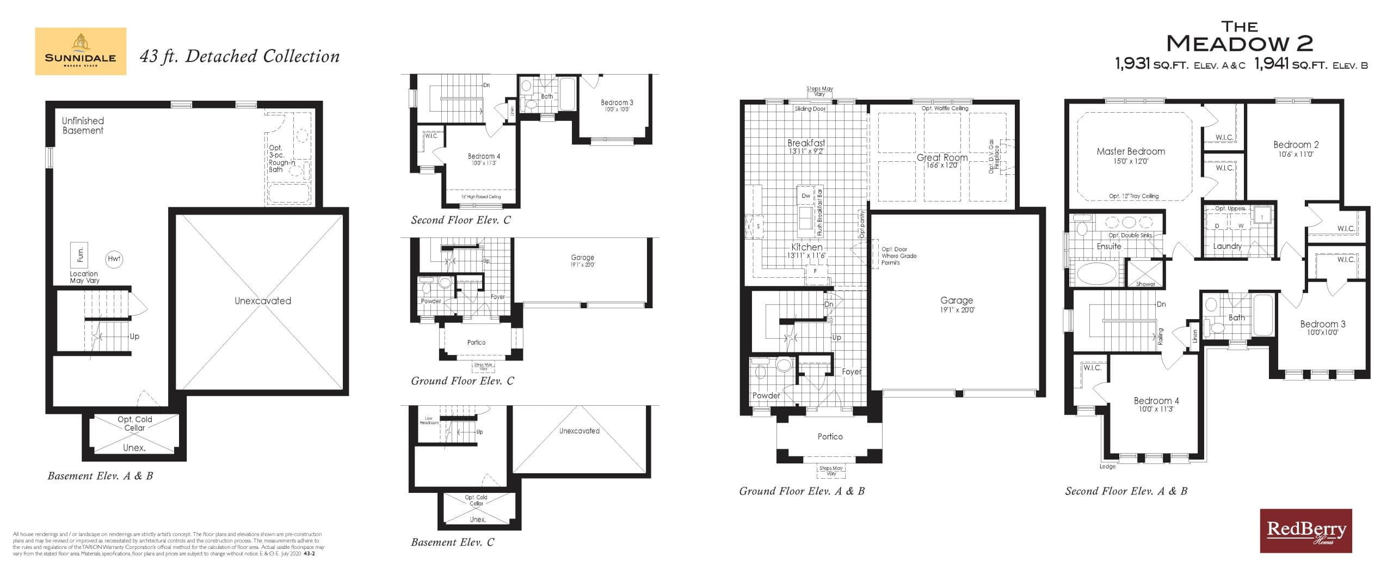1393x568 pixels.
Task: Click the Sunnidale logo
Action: click(x=81, y=51)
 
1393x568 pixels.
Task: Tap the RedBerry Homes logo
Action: click(x=1305, y=530)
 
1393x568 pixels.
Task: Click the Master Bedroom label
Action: click(x=1130, y=151)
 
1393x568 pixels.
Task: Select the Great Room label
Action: click(x=942, y=157)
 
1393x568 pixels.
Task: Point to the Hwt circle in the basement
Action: click(x=114, y=259)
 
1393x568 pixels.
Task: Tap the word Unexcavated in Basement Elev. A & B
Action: click(x=263, y=301)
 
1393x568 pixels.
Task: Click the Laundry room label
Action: click(x=1227, y=246)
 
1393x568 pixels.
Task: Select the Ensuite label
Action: click(x=1108, y=246)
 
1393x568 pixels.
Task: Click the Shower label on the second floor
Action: click(x=1145, y=284)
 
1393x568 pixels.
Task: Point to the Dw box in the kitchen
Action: click(x=806, y=196)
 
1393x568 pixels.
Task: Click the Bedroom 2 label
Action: click(x=1296, y=145)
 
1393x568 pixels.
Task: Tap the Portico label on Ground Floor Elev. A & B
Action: click(x=830, y=436)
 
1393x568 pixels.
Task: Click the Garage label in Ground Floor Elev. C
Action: click(x=582, y=258)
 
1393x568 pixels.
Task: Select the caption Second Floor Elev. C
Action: click(x=460, y=220)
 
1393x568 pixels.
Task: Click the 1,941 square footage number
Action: click(x=1272, y=64)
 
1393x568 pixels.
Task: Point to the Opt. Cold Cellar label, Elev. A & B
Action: click(x=135, y=423)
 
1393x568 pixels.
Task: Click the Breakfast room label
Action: click(x=806, y=143)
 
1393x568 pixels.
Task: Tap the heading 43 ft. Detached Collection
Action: click(x=239, y=56)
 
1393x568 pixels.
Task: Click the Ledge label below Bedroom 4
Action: click(x=1107, y=466)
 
